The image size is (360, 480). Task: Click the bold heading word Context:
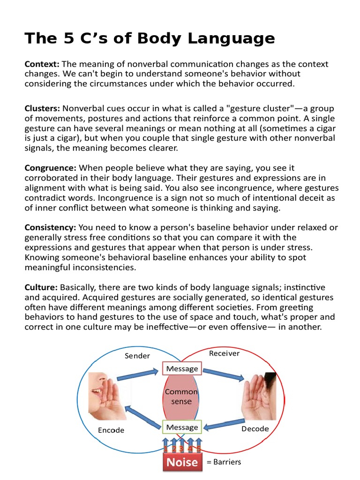point(42,64)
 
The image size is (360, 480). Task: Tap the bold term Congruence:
point(51,168)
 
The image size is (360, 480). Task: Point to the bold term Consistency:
point(50,227)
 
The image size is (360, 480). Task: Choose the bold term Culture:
point(41,287)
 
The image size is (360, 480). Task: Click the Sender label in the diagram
point(137,356)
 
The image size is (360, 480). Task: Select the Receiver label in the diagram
point(224,353)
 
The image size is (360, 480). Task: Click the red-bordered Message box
point(182,368)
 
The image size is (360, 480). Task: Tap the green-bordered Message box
point(182,427)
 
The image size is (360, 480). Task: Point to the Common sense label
point(181,397)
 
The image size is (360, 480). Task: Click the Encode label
point(111,430)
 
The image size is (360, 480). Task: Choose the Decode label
point(255,429)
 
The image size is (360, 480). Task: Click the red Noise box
point(182,462)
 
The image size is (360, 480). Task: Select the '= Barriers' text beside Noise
point(224,462)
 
